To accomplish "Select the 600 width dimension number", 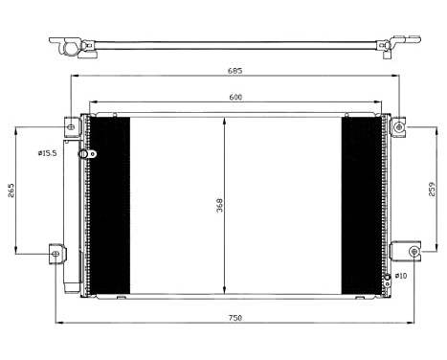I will click(235, 96).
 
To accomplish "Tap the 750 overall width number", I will click(235, 317).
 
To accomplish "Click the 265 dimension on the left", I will click(11, 190).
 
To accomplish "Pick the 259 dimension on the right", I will click(433, 190).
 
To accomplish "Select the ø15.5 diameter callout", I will click(48, 153).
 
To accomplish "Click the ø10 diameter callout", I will click(400, 276).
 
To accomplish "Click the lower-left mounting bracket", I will click(57, 253).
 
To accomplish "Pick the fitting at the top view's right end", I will click(393, 46).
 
